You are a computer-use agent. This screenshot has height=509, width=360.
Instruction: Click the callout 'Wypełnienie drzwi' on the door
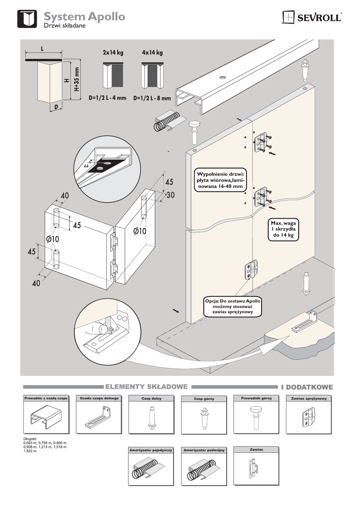click(220, 180)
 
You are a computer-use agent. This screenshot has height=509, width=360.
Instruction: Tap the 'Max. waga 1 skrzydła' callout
click(283, 230)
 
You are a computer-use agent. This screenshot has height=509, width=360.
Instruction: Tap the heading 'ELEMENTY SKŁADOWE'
click(146, 386)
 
